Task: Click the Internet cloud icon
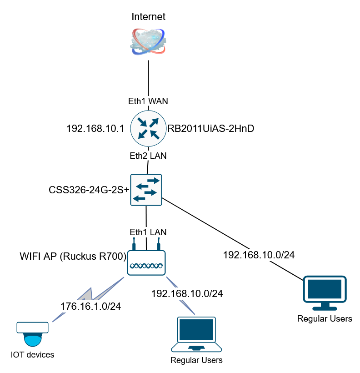tap(149, 41)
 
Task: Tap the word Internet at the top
tap(148, 17)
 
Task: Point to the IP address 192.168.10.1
tap(95, 129)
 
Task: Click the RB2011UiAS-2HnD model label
tap(210, 129)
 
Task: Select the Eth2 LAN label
tap(149, 156)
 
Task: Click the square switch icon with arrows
tap(146, 189)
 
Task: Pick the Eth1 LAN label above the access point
tap(149, 232)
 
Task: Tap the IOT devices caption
tap(32, 355)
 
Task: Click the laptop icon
tap(196, 335)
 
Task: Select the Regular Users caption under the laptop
tap(196, 360)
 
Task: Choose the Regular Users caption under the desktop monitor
tap(325, 318)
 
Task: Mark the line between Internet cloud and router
tap(149, 77)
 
